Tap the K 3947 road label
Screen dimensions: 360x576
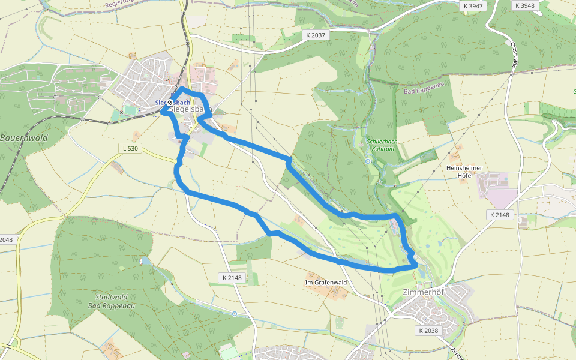click(x=473, y=5)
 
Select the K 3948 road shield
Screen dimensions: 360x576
click(x=524, y=5)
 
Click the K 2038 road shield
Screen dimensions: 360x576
click(x=429, y=331)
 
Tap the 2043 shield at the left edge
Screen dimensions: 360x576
click(x=5, y=239)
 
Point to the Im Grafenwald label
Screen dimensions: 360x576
click(x=326, y=282)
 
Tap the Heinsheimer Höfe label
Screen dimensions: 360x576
click(x=464, y=172)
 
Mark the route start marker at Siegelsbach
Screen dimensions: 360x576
click(x=170, y=103)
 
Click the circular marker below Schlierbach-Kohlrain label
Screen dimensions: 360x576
click(x=368, y=161)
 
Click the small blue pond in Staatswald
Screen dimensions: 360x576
click(x=143, y=262)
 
